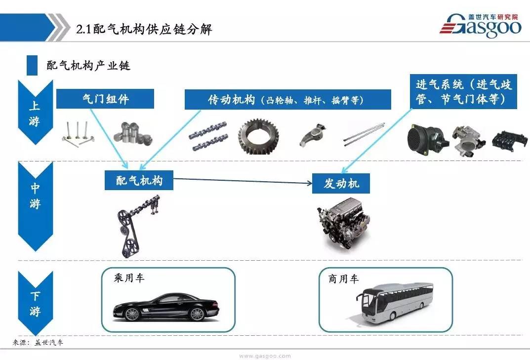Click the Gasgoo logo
click(x=480, y=25)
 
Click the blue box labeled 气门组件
click(x=105, y=99)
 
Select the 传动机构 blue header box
click(x=287, y=99)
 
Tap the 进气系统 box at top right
click(x=463, y=91)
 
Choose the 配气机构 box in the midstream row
click(x=139, y=180)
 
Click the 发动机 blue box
click(x=341, y=183)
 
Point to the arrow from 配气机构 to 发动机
click(x=243, y=181)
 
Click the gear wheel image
click(x=258, y=136)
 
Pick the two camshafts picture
click(x=208, y=136)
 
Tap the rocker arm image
click(x=313, y=135)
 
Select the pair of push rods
click(x=364, y=134)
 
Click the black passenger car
click(x=165, y=307)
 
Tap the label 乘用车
click(x=129, y=278)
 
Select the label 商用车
click(x=343, y=279)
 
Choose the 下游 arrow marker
click(x=35, y=303)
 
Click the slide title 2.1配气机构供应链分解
click(x=144, y=30)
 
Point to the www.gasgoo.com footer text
click(x=265, y=356)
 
